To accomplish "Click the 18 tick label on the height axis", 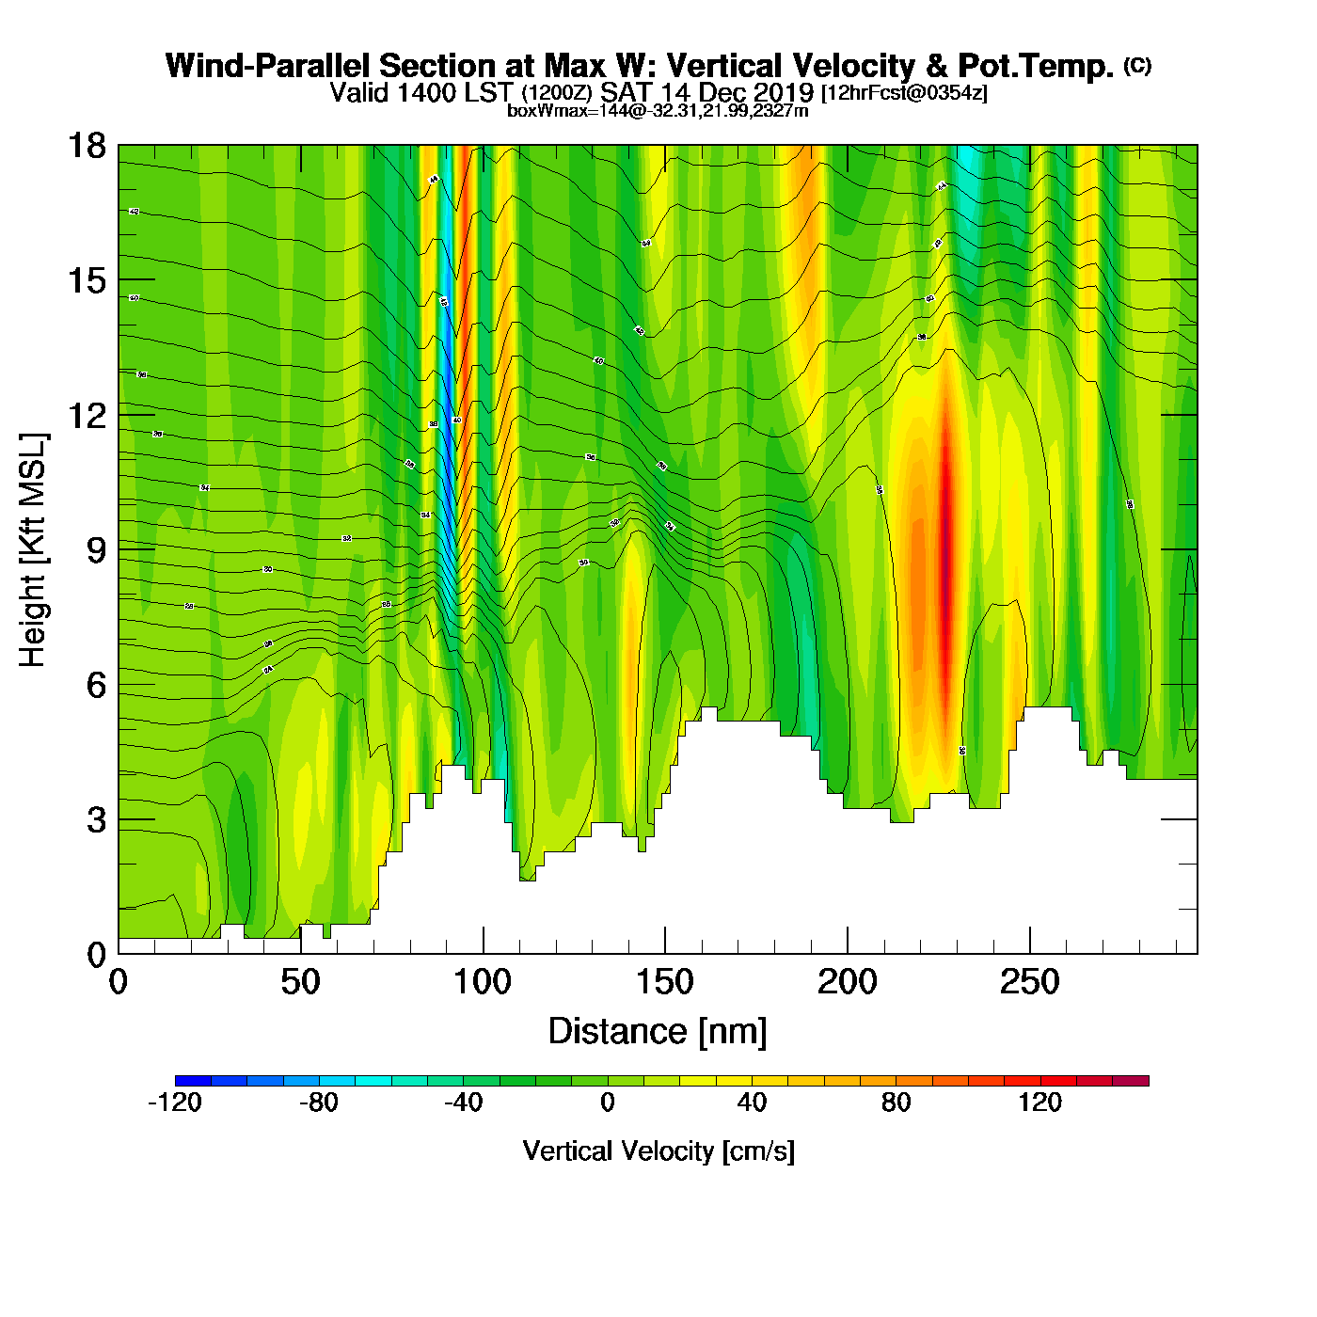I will coord(86,146).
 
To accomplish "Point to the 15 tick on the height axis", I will coord(86,280).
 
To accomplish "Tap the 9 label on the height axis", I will coord(96,550).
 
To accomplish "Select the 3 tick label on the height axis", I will coord(96,820).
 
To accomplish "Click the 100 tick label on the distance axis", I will coord(483,983).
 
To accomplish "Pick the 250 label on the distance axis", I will coord(1029,983).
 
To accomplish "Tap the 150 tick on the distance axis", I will coord(665,983).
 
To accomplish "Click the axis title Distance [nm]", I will coord(658,1031).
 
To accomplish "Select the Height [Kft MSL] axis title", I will coord(33,550).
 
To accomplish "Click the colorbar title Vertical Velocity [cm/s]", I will coord(658,1150).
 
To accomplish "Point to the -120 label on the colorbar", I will coord(175,1103).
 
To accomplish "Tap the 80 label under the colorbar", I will coord(897,1103).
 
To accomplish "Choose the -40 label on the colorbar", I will coord(463,1103).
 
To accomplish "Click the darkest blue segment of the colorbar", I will coord(193,1080).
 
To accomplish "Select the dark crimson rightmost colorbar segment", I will coord(1131,1080).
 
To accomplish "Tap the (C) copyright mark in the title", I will coord(1137,65).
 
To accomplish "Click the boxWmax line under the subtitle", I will coord(658,111).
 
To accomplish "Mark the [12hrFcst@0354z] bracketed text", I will coord(904,94).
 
